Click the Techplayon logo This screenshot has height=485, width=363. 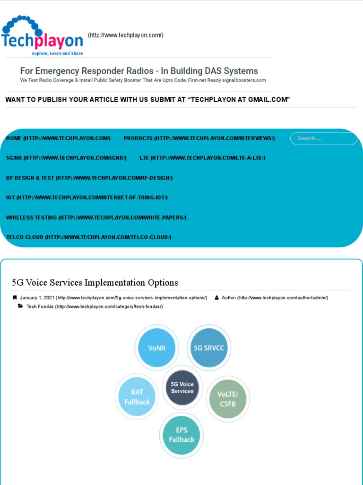coord(43,36)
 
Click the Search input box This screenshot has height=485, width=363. coord(324,138)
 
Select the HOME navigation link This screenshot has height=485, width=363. coord(58,138)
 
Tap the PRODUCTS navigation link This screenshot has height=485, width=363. coord(199,138)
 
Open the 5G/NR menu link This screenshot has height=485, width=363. coord(66,158)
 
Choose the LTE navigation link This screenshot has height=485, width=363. coord(202,158)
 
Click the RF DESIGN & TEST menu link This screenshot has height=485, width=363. coord(89,178)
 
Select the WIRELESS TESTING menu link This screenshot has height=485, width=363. coord(96,217)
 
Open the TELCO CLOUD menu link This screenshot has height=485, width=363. coord(88,237)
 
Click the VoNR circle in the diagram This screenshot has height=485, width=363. coord(156,348)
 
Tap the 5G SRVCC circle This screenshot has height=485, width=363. coord(209,348)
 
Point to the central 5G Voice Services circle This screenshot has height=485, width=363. coord(182,387)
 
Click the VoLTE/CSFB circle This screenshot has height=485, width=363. coord(228,399)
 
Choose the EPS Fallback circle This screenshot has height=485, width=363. coord(181,435)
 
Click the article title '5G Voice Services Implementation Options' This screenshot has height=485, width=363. coord(95,283)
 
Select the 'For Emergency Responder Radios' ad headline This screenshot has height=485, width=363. coord(139,71)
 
